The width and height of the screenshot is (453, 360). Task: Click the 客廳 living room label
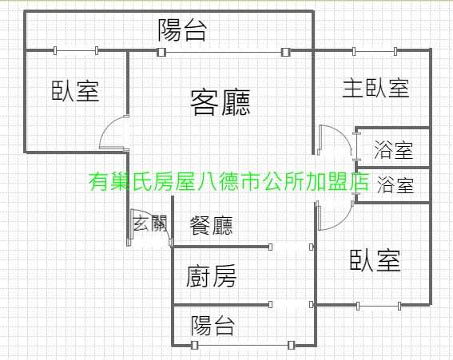pos(221,102)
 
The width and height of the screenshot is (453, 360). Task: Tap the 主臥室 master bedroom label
pos(376,88)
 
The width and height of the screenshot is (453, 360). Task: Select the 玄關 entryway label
pos(150,223)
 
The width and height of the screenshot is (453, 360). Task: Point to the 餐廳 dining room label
pos(211,225)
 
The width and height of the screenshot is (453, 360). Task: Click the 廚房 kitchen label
pos(211,276)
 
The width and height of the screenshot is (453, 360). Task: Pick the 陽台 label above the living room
pos(183,30)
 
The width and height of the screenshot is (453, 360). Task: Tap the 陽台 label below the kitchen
pos(213,326)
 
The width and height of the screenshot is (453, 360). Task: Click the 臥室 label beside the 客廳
pos(75,91)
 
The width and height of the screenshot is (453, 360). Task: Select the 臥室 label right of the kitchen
pos(376,260)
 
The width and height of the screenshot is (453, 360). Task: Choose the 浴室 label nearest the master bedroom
pos(394,149)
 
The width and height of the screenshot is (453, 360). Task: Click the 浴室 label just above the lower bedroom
pos(395,184)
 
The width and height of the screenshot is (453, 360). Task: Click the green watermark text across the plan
pos(228,182)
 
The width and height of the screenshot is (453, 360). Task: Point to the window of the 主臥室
pos(375,51)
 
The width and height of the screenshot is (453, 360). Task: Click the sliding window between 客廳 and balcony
pos(221,52)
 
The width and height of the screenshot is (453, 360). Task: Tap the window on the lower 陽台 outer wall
pos(243,345)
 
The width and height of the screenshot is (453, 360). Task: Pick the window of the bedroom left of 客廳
pos(76,51)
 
